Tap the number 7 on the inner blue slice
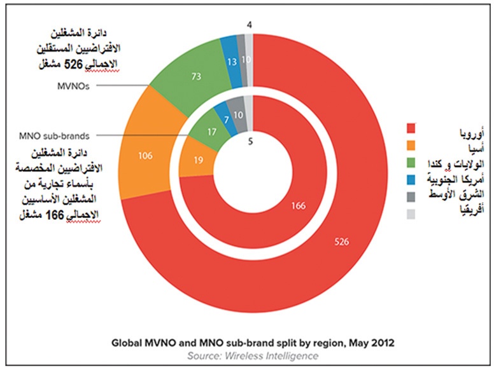[225, 119]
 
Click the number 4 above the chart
[250, 25]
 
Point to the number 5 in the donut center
[250, 142]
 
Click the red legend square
[411, 129]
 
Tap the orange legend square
[411, 146]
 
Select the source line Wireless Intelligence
[252, 355]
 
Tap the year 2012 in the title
[381, 343]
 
